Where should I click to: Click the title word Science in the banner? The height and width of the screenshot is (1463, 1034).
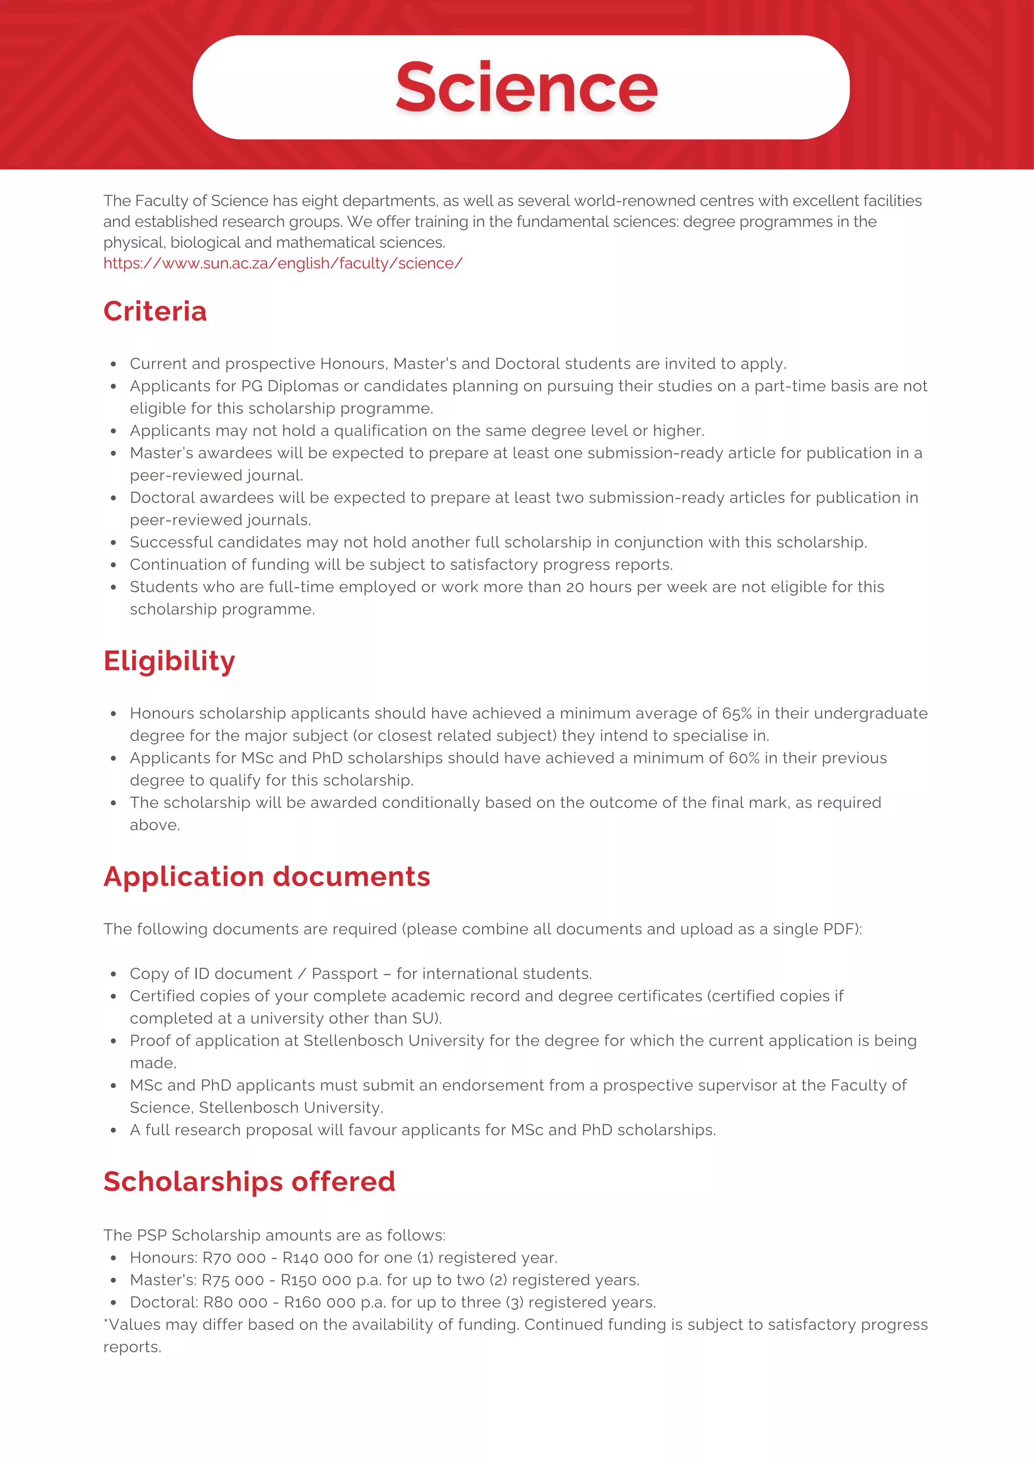(526, 87)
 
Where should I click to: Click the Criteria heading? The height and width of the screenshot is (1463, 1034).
(155, 311)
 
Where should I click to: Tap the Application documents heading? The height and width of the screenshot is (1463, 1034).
(267, 877)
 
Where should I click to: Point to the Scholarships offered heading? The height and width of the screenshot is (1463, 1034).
(249, 1181)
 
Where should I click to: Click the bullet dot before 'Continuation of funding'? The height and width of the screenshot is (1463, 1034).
(114, 565)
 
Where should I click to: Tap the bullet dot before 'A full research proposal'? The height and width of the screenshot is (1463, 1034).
(114, 1130)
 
